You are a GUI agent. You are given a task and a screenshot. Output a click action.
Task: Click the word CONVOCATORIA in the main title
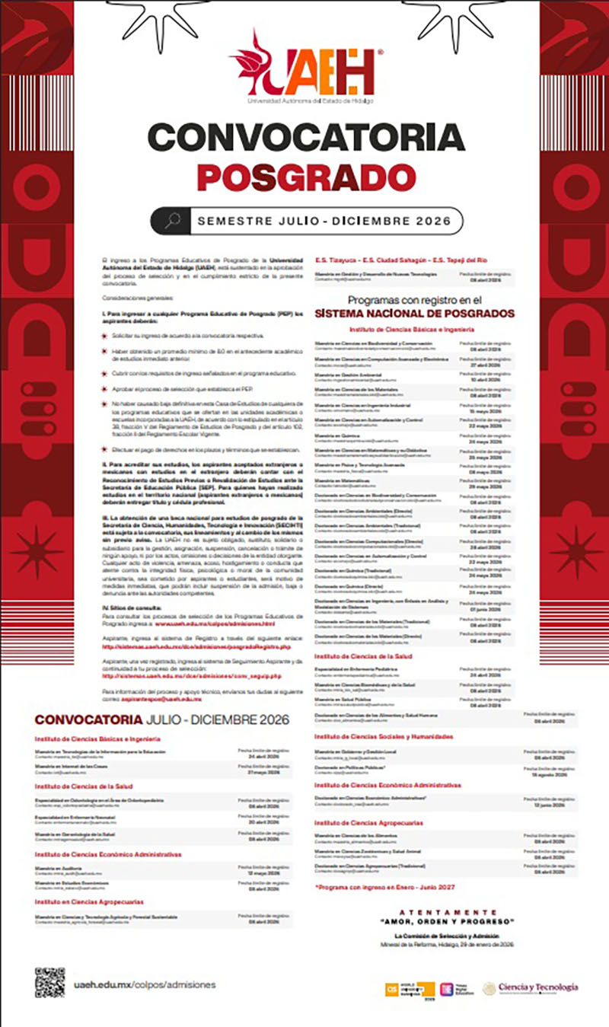click(x=305, y=138)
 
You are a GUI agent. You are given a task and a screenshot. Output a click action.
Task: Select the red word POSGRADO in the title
click(x=305, y=176)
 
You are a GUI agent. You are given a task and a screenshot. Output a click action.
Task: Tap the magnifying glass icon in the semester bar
click(x=172, y=221)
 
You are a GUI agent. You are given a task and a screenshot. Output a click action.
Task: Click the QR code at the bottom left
click(x=49, y=982)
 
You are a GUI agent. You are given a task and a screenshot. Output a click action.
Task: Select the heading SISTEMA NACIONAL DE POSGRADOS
click(x=414, y=313)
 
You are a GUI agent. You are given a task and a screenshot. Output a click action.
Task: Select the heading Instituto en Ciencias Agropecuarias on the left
click(x=88, y=901)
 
